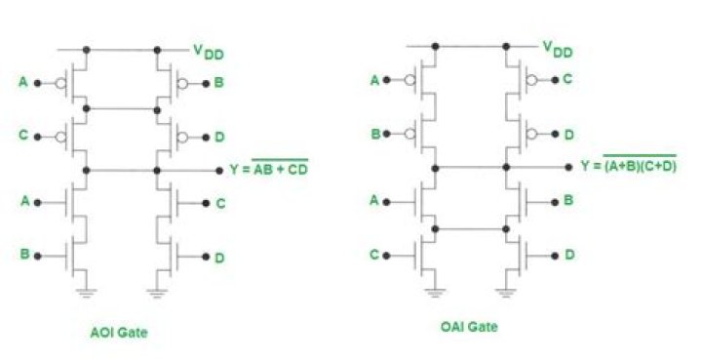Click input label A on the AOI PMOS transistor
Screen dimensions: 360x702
coord(23,82)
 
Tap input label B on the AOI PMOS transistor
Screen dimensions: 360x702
coord(219,83)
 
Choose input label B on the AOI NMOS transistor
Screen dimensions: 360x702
coord(23,256)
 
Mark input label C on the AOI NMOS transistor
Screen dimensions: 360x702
coord(219,203)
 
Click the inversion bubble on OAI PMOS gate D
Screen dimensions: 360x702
coord(529,132)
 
